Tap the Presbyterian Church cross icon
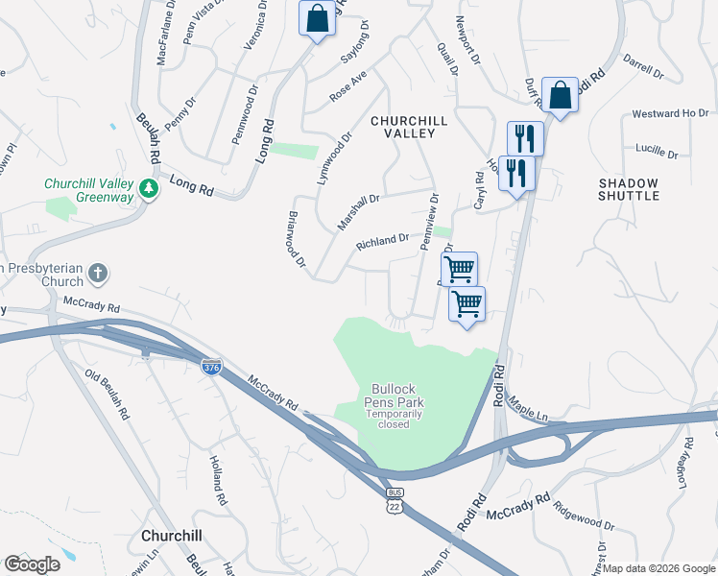[x=98, y=276]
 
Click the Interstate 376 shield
[x=211, y=366]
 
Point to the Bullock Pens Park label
[x=394, y=396]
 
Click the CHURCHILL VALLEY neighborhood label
[x=404, y=127]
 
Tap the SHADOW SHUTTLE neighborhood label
[x=629, y=189]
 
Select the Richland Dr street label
[x=383, y=240]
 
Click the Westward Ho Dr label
[x=669, y=114]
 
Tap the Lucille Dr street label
[x=657, y=153]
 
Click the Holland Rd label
[x=218, y=481]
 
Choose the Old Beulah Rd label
[x=106, y=394]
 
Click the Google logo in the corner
[x=32, y=564]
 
